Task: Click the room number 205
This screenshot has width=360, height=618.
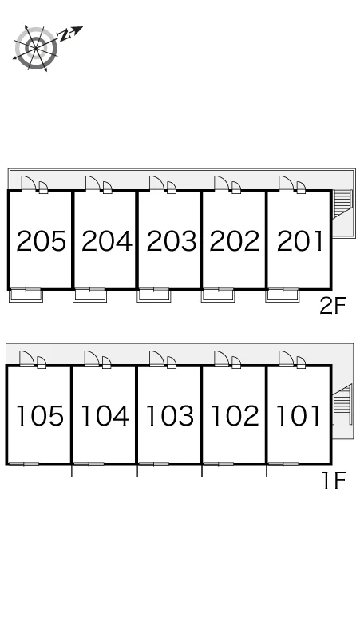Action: (41, 241)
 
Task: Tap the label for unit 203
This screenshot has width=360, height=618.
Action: (172, 241)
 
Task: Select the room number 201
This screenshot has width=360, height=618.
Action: (300, 241)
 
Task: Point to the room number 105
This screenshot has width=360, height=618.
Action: (40, 416)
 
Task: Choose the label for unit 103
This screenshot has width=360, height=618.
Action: (170, 416)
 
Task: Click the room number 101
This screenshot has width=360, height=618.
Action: (298, 416)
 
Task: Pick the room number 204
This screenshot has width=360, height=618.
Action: (106, 241)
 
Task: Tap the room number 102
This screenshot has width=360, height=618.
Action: (235, 416)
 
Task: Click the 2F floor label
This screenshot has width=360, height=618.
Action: (332, 307)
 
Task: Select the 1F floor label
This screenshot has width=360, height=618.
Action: (334, 481)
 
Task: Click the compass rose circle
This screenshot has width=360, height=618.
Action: (36, 48)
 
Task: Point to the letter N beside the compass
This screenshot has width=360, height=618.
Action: (65, 35)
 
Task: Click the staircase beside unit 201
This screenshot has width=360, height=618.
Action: (342, 204)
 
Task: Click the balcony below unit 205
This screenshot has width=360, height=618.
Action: (26, 296)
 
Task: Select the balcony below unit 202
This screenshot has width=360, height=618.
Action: (218, 296)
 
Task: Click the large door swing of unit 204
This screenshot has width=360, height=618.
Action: (92, 184)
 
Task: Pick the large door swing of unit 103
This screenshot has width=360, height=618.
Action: (156, 359)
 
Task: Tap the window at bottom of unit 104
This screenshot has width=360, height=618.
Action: (89, 464)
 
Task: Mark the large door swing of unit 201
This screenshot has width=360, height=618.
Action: (286, 184)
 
